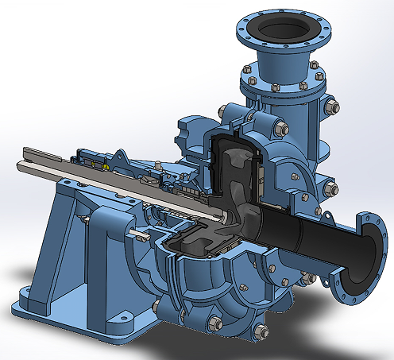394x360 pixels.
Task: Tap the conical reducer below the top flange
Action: (x=282, y=64)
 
